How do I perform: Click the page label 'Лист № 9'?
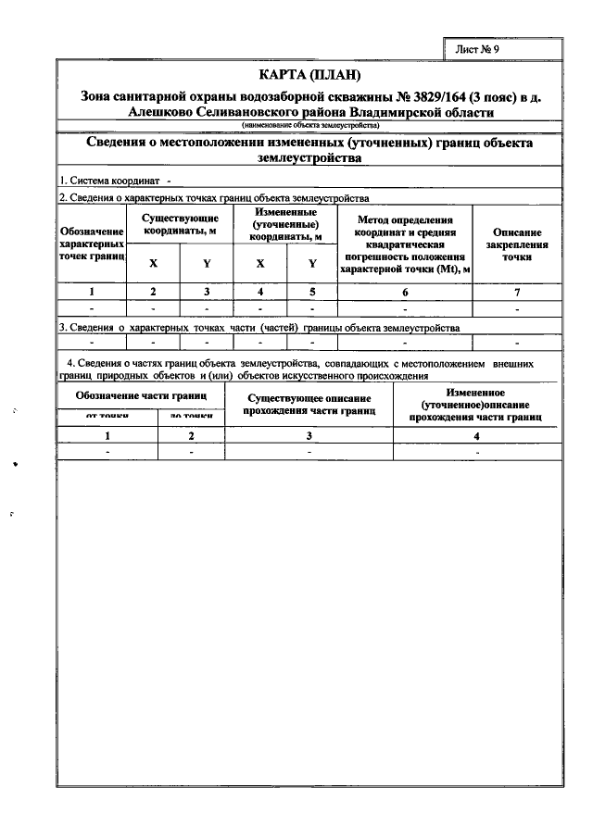click(x=477, y=49)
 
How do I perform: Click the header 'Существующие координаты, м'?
click(x=180, y=223)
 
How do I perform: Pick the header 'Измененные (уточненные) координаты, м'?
click(x=286, y=223)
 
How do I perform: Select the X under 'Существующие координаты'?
click(x=153, y=263)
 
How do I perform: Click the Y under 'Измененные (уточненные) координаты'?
click(x=312, y=263)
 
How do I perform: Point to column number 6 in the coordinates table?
click(x=404, y=292)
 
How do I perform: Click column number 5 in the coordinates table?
click(x=312, y=292)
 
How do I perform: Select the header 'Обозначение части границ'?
click(x=141, y=395)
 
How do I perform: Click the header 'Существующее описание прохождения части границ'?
click(x=309, y=404)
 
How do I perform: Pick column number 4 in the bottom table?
click(x=476, y=434)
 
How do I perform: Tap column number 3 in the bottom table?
click(x=309, y=434)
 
